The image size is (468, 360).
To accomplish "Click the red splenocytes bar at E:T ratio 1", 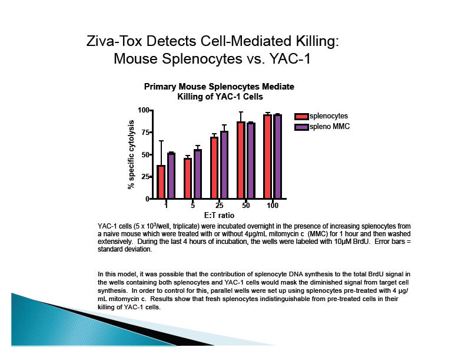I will [161, 182].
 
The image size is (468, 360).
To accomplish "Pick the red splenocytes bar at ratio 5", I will [188, 179].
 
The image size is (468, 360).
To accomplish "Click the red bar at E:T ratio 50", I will [241, 160].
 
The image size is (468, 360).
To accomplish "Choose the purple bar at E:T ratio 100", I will [278, 157].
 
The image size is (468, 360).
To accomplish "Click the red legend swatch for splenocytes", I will [301, 116].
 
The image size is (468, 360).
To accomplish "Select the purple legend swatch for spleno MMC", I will [301, 127].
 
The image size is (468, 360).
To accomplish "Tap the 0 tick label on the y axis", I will [147, 199].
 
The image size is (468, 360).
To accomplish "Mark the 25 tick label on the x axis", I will [219, 206].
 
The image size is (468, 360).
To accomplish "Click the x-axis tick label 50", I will [245, 206].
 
